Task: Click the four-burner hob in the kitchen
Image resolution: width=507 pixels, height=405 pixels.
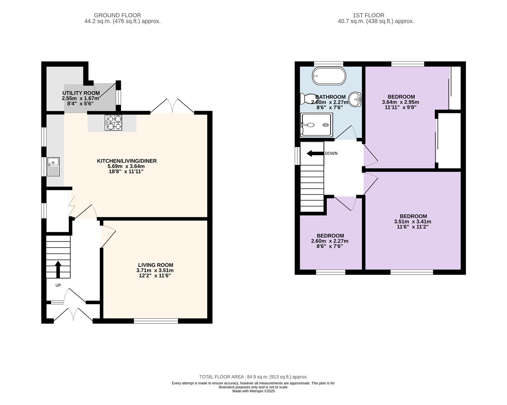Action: point(113,123)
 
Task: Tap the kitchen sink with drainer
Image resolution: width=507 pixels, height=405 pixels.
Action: point(53,166)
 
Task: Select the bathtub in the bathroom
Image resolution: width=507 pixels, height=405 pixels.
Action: point(329,76)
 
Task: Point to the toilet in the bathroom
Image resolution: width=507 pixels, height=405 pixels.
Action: point(308,99)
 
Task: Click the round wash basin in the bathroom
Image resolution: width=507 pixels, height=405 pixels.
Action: point(355,99)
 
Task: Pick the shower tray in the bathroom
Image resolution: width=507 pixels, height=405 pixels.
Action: point(317,125)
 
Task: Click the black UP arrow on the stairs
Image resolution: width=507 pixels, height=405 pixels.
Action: point(58,269)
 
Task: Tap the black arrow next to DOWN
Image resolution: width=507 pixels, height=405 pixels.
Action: point(315,154)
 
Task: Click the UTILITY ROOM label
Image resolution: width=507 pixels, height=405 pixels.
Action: point(81,93)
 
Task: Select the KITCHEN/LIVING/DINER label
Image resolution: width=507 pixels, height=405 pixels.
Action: point(127,161)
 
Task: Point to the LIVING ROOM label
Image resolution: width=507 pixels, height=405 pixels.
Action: point(155,265)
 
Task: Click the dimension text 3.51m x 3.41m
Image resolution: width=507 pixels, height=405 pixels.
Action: point(412,222)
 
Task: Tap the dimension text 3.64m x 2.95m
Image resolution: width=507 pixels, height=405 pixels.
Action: point(400,102)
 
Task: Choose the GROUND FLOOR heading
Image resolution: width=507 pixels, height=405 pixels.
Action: point(118,15)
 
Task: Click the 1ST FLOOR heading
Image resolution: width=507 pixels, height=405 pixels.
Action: point(368,15)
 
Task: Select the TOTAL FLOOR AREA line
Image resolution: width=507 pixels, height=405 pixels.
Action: point(253,377)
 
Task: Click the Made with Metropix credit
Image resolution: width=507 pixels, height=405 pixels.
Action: point(253,391)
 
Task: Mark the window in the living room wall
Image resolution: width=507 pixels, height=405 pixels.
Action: point(156,321)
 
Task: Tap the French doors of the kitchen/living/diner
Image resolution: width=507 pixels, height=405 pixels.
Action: point(172,106)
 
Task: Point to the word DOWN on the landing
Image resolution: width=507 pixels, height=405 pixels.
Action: point(331,153)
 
